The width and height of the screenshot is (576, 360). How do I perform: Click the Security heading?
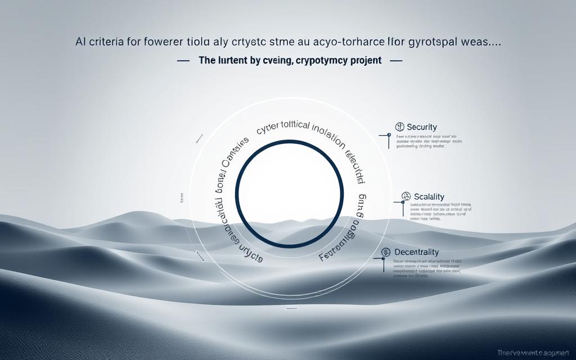point(421,128)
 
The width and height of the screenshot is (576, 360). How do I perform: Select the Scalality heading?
point(429,196)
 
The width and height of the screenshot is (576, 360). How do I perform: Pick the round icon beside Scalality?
point(405,196)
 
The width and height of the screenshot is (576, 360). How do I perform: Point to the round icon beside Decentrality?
point(386,253)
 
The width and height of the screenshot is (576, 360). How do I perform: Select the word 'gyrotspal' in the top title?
point(433,43)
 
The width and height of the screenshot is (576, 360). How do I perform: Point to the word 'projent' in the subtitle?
point(366,61)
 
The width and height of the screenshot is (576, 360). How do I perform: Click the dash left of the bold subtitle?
point(183,61)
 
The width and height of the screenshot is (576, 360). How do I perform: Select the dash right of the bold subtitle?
point(395,61)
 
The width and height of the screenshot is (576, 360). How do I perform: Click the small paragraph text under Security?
point(428,141)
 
